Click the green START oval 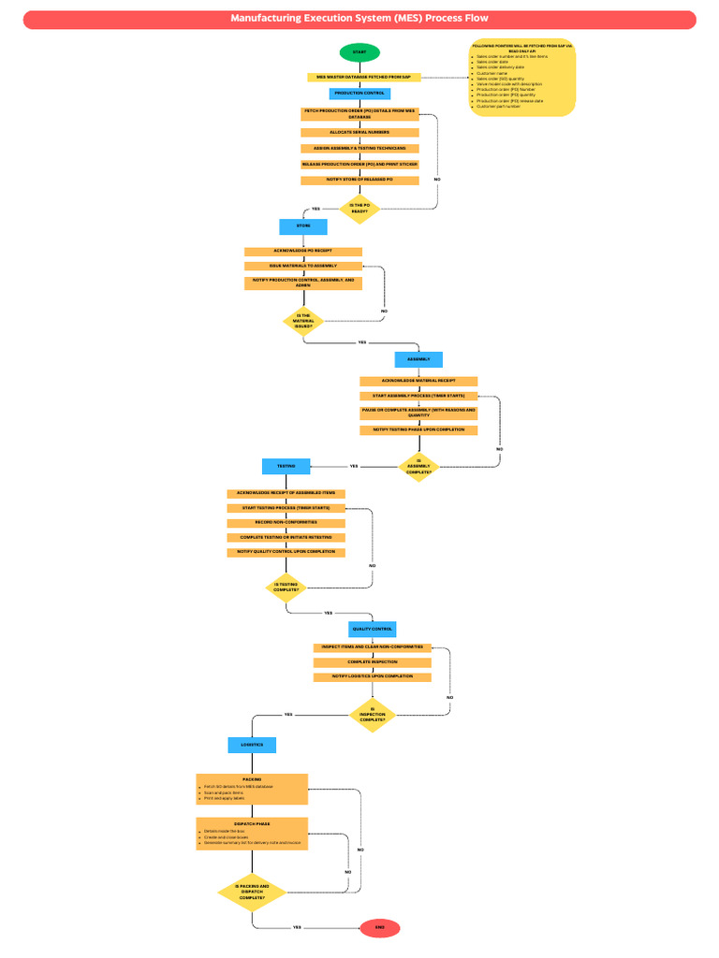point(359,52)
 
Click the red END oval point(379,927)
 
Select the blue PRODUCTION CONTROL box point(359,94)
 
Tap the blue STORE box point(303,226)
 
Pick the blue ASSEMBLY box point(418,359)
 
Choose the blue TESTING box point(286,465)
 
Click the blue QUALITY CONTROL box point(373,629)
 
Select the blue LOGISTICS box point(252,745)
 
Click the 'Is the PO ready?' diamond point(359,209)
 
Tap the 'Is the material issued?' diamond point(303,321)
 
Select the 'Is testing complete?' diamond point(286,588)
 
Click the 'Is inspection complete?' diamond point(373,715)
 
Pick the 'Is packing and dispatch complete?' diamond point(252,893)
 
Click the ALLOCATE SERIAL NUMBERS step point(359,133)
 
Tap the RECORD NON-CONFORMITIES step point(286,522)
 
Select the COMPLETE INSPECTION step point(373,662)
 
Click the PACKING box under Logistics point(252,789)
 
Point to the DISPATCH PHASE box point(252,834)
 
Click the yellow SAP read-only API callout point(523,78)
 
